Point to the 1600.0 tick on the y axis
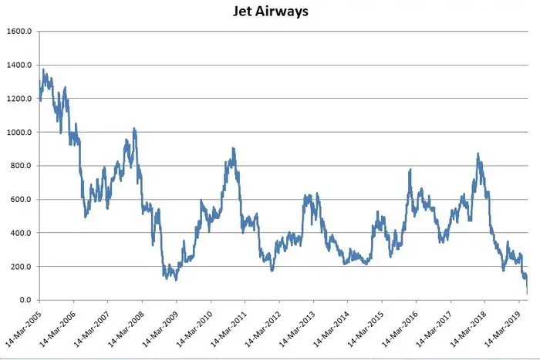tap(19, 32)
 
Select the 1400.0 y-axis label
tap(19, 66)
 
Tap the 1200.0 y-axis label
tap(19, 99)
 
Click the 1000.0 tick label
tap(19, 133)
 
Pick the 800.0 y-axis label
tap(20, 166)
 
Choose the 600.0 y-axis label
tap(20, 200)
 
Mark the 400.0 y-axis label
tap(20, 233)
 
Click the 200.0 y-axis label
tap(20, 267)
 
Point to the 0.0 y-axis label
tap(24, 300)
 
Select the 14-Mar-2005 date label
tap(22, 328)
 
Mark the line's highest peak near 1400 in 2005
tap(44, 69)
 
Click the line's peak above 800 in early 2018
tap(478, 153)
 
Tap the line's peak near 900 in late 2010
tap(233, 148)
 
